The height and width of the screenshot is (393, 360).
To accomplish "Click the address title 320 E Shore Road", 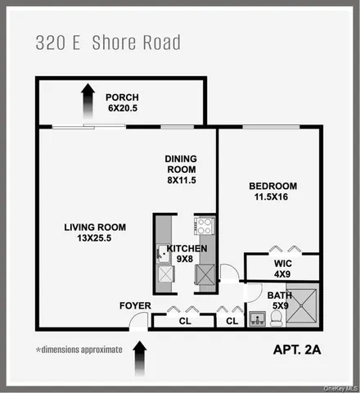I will coord(109,42).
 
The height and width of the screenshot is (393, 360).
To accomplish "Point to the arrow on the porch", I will coord(86,104).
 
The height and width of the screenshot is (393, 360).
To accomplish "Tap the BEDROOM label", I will coord(272,186).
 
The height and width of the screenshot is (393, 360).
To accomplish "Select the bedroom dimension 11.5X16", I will coord(272,196).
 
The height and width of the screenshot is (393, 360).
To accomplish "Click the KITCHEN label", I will coord(187,249).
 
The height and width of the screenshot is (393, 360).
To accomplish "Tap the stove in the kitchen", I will coord(204,225).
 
